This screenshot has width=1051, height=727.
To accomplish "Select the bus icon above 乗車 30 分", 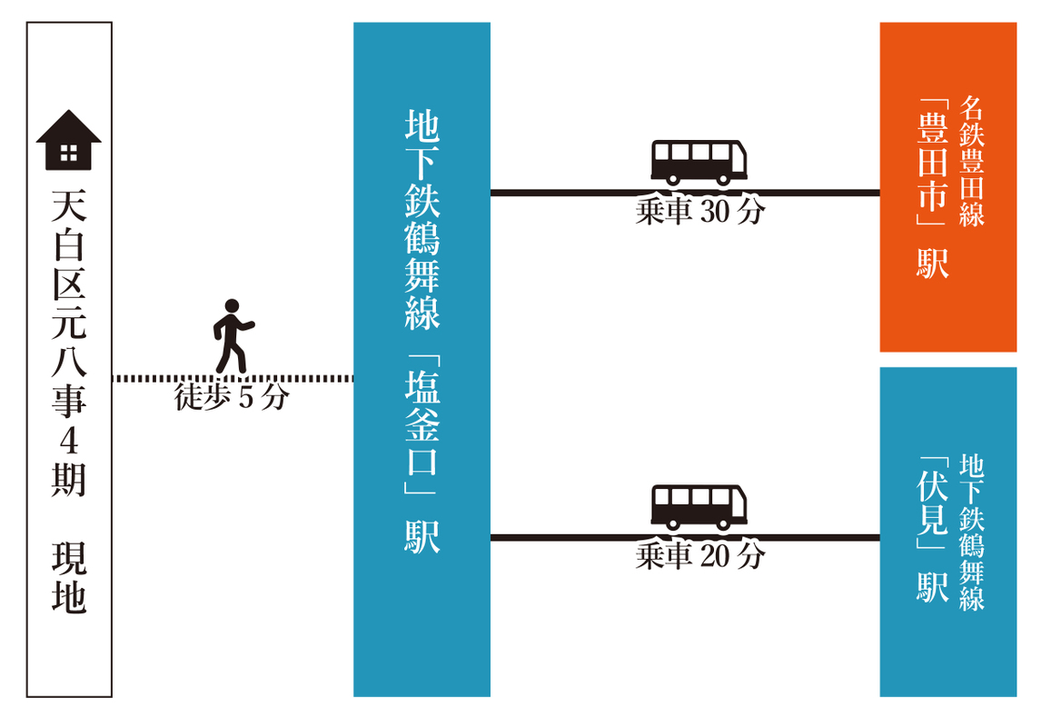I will point(699,162).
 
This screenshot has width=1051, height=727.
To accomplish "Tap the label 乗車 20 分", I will point(699,556).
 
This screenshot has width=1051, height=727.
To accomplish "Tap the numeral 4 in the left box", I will point(68,440).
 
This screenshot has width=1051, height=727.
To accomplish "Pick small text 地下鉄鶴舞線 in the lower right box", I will point(972,532).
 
